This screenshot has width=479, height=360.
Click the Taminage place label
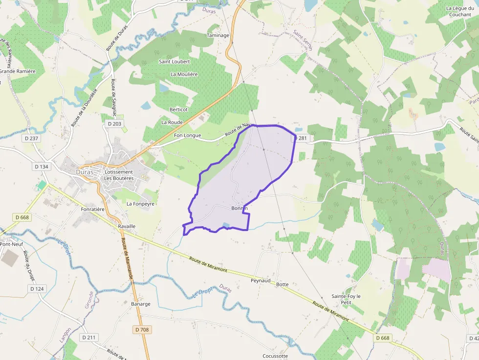[x=218, y=36]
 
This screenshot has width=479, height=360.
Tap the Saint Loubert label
[x=174, y=62]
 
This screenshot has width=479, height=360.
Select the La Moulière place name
[x=184, y=74]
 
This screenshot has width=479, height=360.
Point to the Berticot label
[x=178, y=109]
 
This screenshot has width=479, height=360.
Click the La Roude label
[x=172, y=122]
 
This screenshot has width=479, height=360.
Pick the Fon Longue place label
[x=187, y=135]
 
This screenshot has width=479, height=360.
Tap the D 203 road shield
[x=114, y=124]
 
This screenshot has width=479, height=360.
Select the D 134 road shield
[x=42, y=167]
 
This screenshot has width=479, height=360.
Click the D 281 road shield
[x=302, y=138]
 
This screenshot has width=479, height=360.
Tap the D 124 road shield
[x=37, y=289]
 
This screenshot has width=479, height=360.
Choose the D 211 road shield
[x=89, y=338]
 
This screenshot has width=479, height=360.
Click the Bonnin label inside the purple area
[x=240, y=208]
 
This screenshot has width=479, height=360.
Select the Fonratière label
[x=93, y=209]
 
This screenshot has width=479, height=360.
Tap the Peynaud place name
[x=261, y=281]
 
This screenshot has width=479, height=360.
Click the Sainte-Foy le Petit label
[x=346, y=299]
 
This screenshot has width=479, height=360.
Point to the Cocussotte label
[x=275, y=356]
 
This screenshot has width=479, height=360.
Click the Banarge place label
[x=141, y=304]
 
